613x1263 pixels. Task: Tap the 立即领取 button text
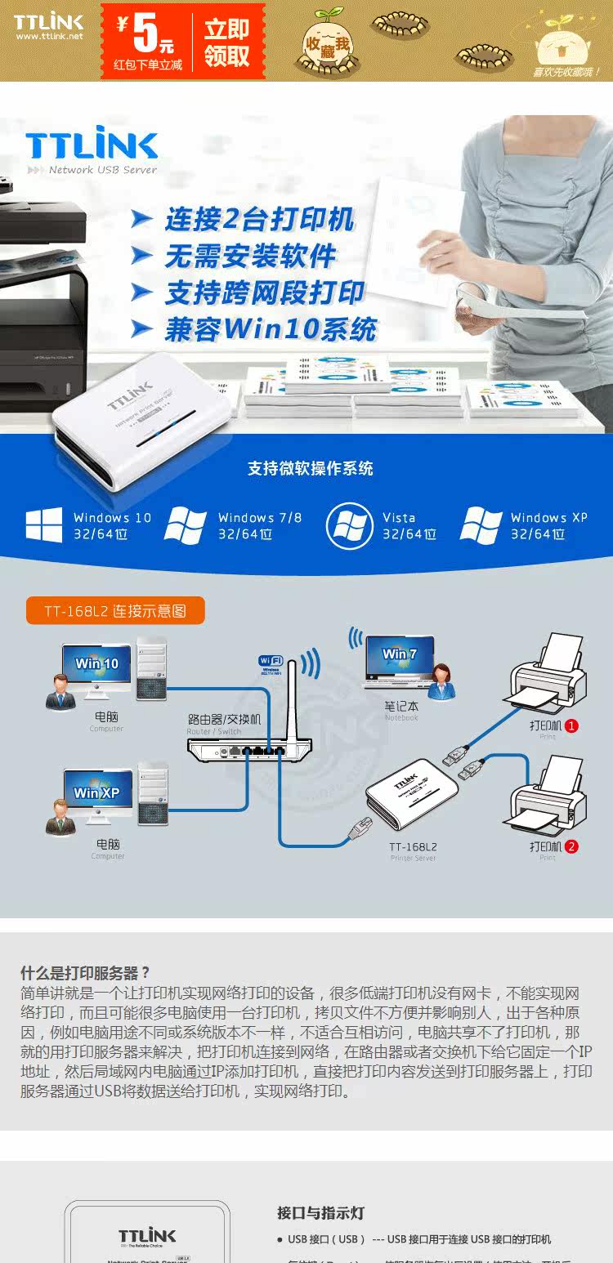click(226, 42)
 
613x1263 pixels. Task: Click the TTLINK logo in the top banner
click(48, 24)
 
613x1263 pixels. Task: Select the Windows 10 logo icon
click(43, 525)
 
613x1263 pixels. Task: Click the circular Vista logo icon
click(349, 525)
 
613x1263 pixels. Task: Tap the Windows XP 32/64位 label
click(548, 525)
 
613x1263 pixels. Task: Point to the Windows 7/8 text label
click(259, 517)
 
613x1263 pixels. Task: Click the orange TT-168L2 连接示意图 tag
click(115, 610)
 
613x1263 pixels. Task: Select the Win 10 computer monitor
click(96, 665)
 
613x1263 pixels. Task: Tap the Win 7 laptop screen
click(400, 654)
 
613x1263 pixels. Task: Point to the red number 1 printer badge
click(571, 725)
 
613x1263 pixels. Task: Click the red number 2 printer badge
click(571, 846)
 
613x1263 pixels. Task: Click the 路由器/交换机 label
click(224, 719)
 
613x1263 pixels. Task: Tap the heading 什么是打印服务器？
click(86, 972)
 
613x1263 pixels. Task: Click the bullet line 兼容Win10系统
click(270, 329)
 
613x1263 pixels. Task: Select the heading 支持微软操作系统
click(310, 468)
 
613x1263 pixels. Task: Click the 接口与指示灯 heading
click(320, 1213)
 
